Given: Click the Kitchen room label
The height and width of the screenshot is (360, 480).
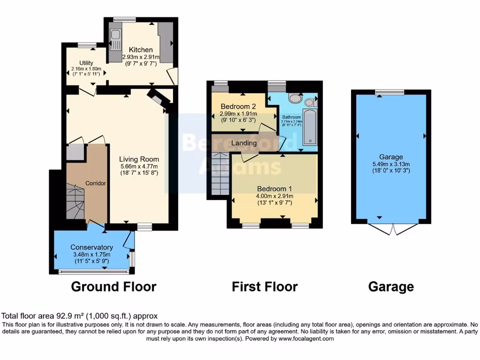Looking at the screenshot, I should pos(141,50).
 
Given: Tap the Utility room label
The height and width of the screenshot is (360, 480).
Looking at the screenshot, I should pos(86,63).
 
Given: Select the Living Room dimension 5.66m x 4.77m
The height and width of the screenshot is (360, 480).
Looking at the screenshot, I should pos(139,166).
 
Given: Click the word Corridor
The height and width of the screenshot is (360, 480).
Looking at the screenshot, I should pos(96,183).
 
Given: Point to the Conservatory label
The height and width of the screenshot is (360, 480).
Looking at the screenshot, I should pos(92,247).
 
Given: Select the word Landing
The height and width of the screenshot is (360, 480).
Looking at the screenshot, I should pos(244,143).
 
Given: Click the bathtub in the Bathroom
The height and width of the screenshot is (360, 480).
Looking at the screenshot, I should pos(310,127).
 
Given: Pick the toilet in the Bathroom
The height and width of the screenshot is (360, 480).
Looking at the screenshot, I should pos(295,98).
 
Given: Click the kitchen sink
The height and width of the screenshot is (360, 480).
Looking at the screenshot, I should pos(114,35).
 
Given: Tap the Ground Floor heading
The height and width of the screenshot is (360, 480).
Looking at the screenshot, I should pos(113,286).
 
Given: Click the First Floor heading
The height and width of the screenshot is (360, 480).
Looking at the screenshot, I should pos(264,286).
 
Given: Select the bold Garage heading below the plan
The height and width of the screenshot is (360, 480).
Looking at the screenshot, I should pos(391,286).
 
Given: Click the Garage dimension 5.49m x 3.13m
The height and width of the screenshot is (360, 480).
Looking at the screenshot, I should pos(391,164).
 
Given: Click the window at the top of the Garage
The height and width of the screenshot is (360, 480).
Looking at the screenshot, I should pos(390,92).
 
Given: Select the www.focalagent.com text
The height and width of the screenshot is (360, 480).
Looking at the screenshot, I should pos(307,338).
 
